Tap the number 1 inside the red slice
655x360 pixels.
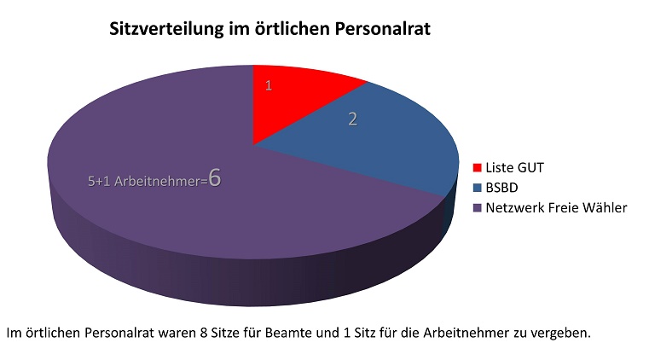click(268, 86)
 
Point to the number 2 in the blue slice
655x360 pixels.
click(352, 119)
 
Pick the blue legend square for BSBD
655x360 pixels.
click(478, 187)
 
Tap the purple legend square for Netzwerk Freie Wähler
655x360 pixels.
click(478, 208)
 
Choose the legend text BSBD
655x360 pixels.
click(503, 187)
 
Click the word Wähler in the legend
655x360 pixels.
click(605, 208)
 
